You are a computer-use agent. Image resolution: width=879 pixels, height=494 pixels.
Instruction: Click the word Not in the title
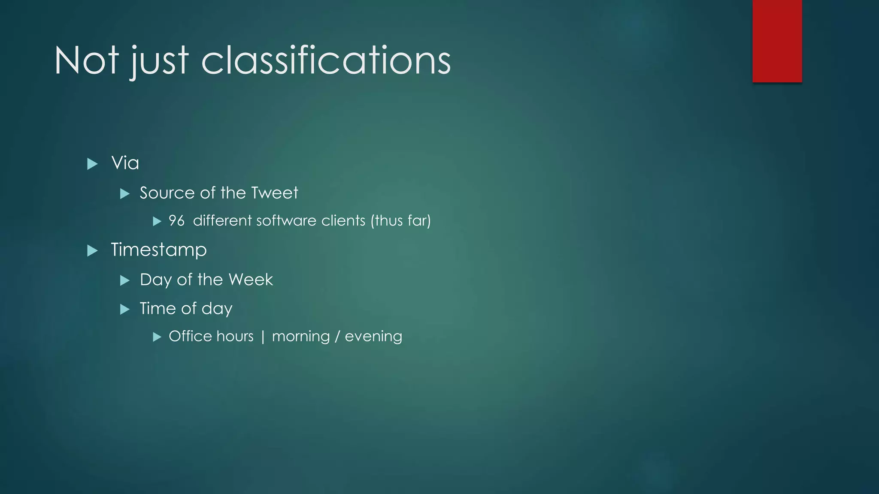pyautogui.click(x=86, y=60)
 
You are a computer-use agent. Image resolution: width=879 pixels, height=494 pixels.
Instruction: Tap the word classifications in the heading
pyautogui.click(x=326, y=60)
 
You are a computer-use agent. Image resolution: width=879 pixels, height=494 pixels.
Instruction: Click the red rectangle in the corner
pyautogui.click(x=777, y=41)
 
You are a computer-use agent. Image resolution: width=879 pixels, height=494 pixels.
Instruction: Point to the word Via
pyautogui.click(x=125, y=163)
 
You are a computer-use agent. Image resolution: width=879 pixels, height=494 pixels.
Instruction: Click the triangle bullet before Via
pyautogui.click(x=92, y=164)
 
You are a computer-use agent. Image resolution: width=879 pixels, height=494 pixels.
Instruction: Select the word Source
pyautogui.click(x=167, y=193)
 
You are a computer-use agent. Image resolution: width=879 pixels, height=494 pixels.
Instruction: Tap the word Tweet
pyautogui.click(x=274, y=193)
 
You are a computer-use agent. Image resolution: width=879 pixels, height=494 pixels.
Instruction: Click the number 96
pyautogui.click(x=176, y=221)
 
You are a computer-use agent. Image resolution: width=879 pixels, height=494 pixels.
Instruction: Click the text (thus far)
pyautogui.click(x=400, y=221)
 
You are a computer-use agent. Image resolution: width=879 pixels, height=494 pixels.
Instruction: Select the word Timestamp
pyautogui.click(x=159, y=250)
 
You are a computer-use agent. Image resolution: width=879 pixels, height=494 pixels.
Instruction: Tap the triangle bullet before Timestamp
pyautogui.click(x=92, y=250)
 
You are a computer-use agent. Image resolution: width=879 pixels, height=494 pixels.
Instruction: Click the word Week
pyautogui.click(x=251, y=280)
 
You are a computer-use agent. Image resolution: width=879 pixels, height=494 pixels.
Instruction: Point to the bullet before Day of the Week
pyautogui.click(x=125, y=280)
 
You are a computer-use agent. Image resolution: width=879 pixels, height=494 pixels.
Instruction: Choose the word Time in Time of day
pyautogui.click(x=156, y=309)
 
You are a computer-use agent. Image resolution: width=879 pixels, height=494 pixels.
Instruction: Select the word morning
pyautogui.click(x=300, y=337)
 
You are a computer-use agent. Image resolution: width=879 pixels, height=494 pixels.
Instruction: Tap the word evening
pyautogui.click(x=373, y=337)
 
